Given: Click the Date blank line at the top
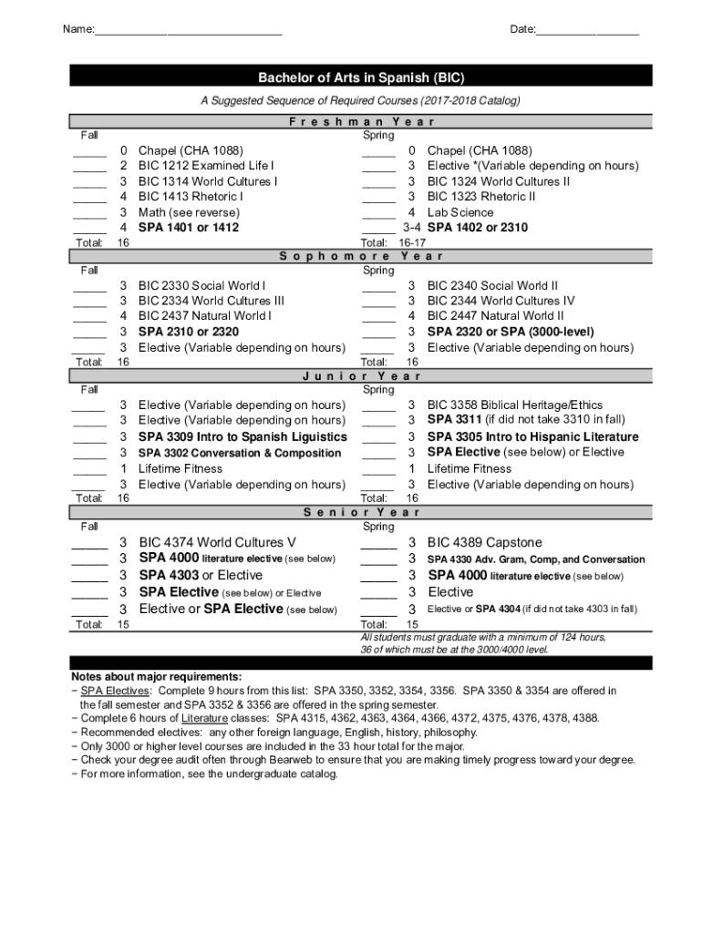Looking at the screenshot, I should point(587,32).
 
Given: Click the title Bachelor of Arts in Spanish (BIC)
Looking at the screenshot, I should point(361,78).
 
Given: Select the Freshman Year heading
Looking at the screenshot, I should point(361,121).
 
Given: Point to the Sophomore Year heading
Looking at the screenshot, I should point(361,256).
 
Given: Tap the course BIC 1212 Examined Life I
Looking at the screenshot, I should point(205,166).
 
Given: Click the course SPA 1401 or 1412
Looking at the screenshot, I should point(188,228).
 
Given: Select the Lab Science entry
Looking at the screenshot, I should point(460,212).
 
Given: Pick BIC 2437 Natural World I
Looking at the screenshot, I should point(204,316).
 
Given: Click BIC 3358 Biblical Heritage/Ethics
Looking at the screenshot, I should point(514,405).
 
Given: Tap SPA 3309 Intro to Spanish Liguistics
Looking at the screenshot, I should point(243,437).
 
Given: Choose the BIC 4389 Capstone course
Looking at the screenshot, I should point(484,542).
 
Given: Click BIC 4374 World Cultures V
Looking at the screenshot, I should point(217,542).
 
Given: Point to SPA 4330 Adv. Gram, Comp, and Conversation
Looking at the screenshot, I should point(536,559).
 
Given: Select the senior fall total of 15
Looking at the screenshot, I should point(124,625).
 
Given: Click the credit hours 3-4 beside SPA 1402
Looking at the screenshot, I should point(412,228).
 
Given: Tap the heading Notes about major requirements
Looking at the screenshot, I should point(157,677).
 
